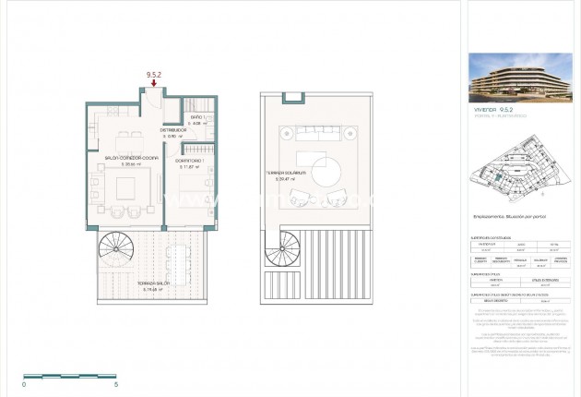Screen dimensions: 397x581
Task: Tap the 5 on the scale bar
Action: [x=116, y=384]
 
